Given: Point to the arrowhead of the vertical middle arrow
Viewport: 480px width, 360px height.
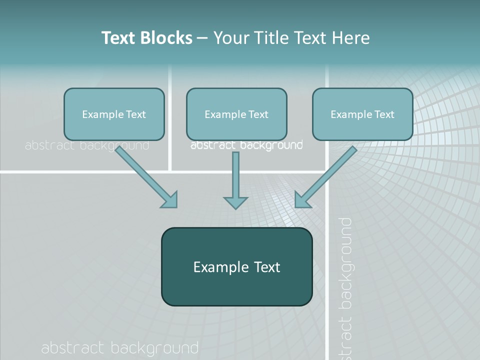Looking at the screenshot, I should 235,202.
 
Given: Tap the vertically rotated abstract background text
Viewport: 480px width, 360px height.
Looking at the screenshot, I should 344,287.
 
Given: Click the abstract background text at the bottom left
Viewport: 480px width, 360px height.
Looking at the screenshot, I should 119,347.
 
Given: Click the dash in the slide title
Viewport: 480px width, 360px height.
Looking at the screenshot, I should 202,38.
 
